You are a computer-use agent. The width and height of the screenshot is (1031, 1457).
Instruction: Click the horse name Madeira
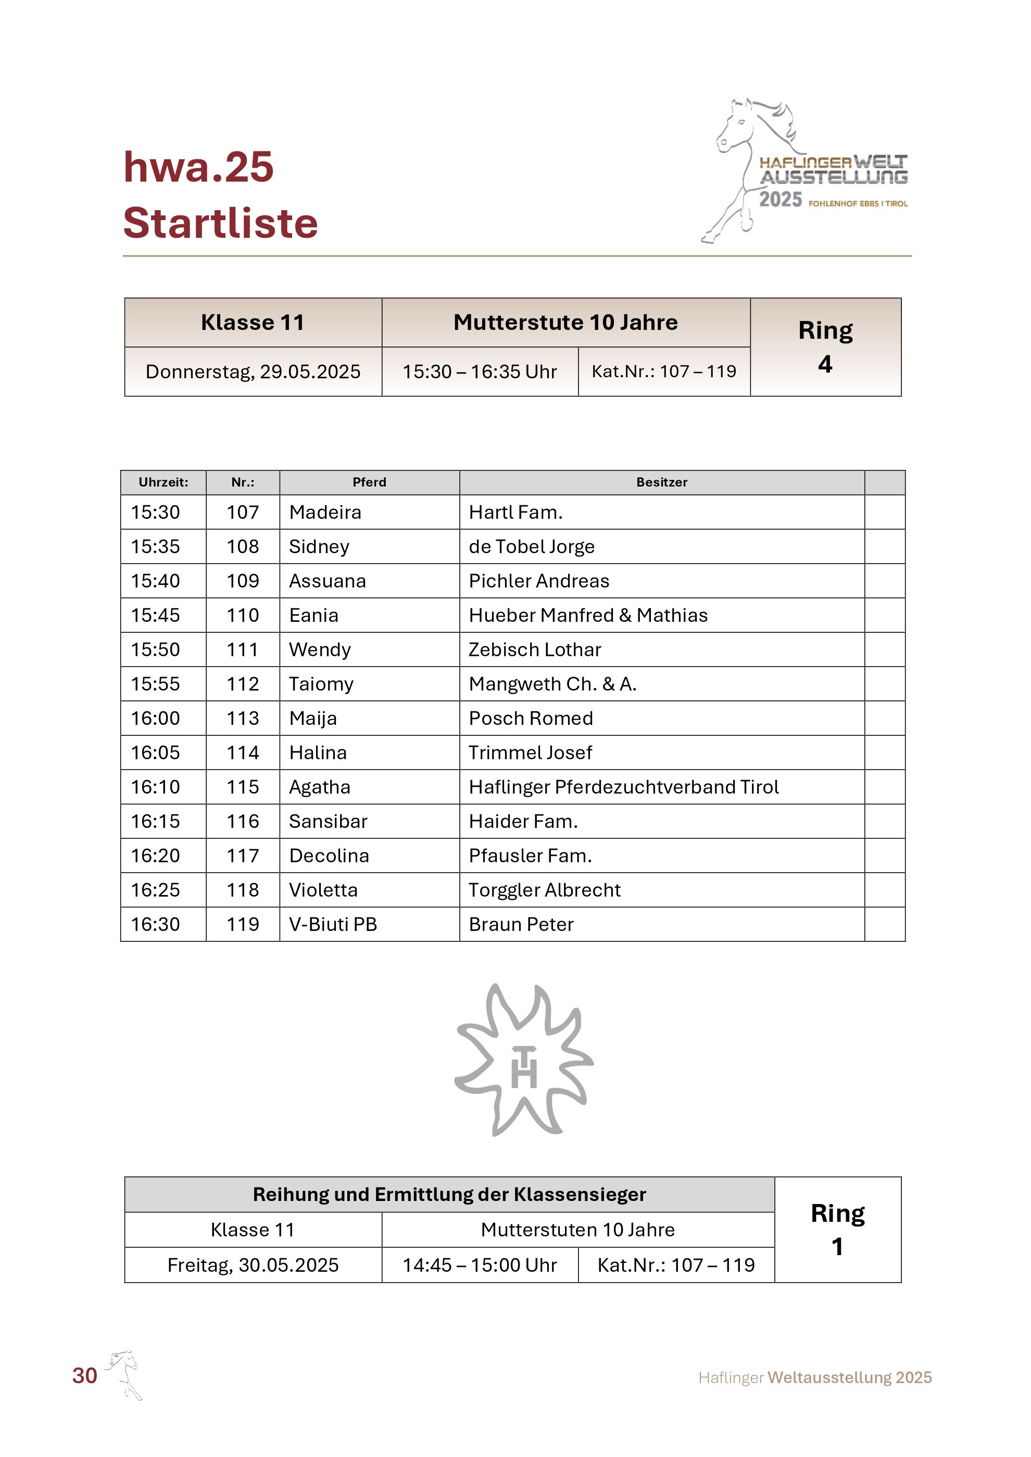tap(324, 512)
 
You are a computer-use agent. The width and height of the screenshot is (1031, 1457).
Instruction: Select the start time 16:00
tap(156, 718)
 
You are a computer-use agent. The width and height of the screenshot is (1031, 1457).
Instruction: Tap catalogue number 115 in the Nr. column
tap(243, 787)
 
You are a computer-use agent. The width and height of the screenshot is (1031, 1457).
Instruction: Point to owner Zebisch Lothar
tap(535, 650)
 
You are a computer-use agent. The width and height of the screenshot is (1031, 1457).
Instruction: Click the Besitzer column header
tap(661, 482)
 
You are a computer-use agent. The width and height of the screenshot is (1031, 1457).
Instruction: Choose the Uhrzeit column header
tap(163, 482)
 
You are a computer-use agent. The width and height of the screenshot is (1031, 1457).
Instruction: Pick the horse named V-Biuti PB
tap(333, 925)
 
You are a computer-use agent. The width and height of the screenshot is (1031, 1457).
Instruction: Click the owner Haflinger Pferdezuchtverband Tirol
tap(623, 787)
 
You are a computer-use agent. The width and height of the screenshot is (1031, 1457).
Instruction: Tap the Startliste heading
tap(220, 223)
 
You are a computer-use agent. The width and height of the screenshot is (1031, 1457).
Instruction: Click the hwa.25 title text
tap(198, 168)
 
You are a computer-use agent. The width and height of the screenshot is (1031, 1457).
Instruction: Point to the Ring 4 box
tap(825, 347)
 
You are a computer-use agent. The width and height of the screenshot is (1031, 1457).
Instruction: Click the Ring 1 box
tap(837, 1230)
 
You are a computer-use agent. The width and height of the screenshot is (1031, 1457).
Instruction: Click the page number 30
tap(84, 1376)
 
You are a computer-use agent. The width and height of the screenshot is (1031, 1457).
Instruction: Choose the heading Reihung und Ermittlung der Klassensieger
tap(449, 1195)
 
